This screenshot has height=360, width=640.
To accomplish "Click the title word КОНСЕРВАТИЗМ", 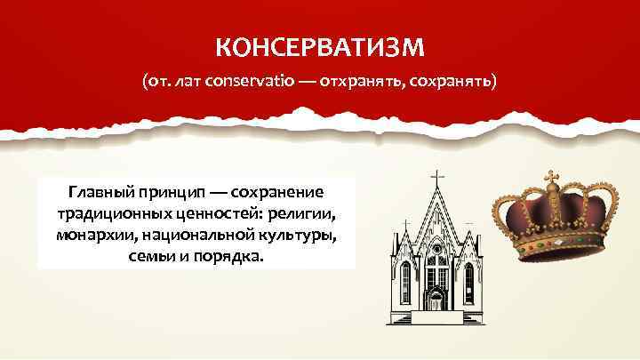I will click(319, 44).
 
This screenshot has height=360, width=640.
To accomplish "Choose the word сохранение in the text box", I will click(280, 193).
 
